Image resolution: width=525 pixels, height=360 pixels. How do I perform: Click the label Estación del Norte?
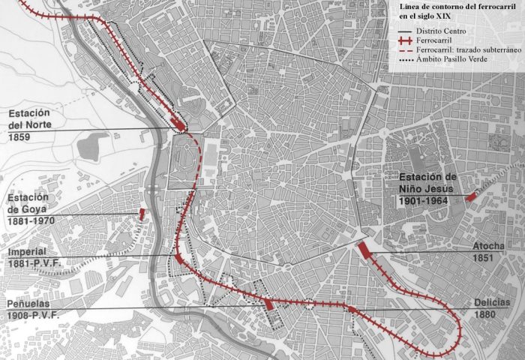pos(31,119)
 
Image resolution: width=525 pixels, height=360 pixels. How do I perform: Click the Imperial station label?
pos(27,251)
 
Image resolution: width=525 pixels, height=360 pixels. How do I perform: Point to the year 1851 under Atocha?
pos(484,258)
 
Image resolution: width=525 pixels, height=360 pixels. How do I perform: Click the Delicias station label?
pos(492,302)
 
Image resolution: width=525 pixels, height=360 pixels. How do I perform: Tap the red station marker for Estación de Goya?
pos(141,214)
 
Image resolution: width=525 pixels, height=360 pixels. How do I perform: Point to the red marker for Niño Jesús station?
pos(469,197)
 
